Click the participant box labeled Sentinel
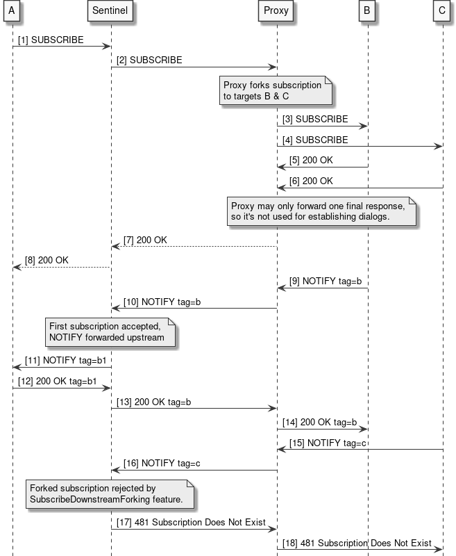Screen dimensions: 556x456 (111, 11)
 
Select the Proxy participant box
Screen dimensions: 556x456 (276, 11)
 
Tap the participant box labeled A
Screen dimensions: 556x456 (12, 11)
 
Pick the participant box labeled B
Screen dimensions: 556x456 (368, 11)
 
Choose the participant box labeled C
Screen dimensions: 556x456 (443, 11)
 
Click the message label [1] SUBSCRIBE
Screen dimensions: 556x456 (51, 40)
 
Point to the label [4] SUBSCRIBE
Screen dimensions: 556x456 (315, 140)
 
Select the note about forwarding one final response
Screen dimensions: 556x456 (322, 211)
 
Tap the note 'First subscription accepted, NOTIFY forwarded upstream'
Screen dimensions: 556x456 (110, 332)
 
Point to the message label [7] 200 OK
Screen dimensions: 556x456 (145, 240)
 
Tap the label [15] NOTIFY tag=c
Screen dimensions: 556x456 (328, 443)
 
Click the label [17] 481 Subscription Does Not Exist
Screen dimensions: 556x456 (191, 523)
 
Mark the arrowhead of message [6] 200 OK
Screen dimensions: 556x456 (281, 188)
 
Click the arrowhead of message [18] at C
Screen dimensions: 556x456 (439, 549)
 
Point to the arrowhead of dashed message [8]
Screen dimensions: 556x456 (17, 267)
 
